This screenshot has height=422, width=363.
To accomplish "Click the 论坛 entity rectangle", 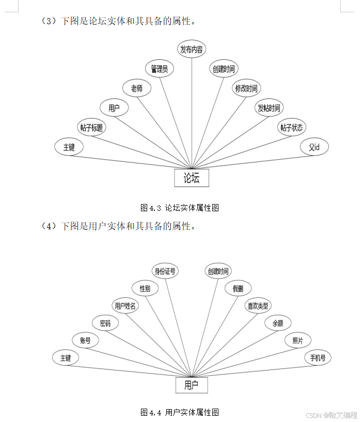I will pos(192,178).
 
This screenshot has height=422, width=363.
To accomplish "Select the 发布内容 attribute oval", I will pos(192,49).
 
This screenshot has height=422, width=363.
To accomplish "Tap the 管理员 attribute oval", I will pos(160,69).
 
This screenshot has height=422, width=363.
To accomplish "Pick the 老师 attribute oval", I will pos(137,88).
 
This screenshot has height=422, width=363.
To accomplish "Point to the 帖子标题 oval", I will pos(91,127).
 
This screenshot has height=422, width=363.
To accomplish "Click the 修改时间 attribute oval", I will pos(246,88).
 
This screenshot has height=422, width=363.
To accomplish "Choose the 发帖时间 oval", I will pos(269,108).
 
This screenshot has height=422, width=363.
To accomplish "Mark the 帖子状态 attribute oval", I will pos(292,127).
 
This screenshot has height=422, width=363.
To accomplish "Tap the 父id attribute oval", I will pos(314,147).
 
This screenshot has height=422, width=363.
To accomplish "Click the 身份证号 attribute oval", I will pos(165,271).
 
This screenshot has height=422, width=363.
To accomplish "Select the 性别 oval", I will pos(145,289).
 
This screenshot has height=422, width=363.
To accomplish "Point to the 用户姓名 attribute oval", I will pos(126,306).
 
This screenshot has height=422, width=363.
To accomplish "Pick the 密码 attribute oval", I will pos(105,323).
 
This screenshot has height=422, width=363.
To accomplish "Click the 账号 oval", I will pos(85,340).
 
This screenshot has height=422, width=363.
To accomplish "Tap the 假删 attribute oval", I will pos(238,289).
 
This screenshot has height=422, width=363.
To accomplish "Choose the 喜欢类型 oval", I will pos(258,306).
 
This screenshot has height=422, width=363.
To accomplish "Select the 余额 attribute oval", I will pos(278,323).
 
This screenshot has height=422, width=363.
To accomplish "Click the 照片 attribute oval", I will pos(298,340).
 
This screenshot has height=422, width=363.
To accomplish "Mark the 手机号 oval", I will pos(318,357).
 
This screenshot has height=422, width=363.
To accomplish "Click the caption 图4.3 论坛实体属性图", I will pos(180,208).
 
